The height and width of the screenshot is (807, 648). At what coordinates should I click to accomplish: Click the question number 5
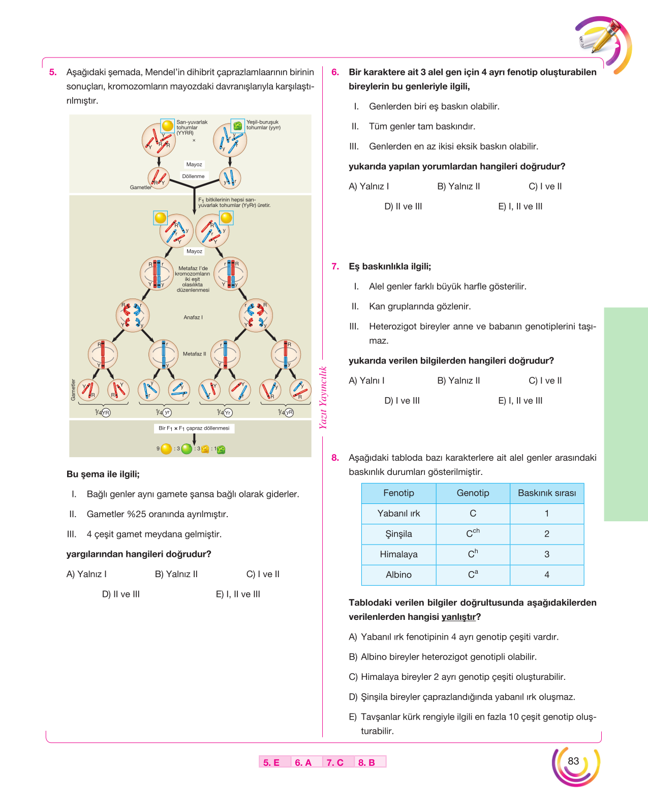click(x=53, y=72)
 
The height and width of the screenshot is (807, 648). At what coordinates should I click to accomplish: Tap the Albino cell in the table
click(x=398, y=575)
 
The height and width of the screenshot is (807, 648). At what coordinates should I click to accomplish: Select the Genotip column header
click(x=473, y=493)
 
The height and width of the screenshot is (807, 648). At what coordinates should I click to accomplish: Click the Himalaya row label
click(x=398, y=554)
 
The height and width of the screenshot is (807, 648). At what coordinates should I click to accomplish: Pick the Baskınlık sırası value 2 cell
click(x=546, y=533)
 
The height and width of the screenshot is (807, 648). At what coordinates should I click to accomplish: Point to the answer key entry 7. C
click(x=335, y=762)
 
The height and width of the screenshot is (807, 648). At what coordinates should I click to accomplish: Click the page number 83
click(x=573, y=761)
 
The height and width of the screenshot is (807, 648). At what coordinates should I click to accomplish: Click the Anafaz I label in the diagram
click(x=193, y=317)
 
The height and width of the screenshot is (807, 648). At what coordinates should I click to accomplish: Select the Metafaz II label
click(x=194, y=353)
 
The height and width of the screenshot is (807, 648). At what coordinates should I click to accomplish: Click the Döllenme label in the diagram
click(x=194, y=176)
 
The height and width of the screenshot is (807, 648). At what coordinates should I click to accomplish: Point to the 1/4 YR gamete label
click(x=102, y=412)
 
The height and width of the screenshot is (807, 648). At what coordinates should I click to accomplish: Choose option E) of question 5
click(x=238, y=594)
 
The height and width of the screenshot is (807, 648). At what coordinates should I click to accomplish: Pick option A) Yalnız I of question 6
click(x=369, y=187)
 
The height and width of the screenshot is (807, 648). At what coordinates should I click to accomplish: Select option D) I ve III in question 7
click(x=402, y=401)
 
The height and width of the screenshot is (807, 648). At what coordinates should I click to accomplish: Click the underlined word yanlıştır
click(x=458, y=617)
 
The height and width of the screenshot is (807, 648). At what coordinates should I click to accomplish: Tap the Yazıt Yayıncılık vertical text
click(x=323, y=398)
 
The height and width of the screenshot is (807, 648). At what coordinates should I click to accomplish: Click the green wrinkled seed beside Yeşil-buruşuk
click(x=237, y=126)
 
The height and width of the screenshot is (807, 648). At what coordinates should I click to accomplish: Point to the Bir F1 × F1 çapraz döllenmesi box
click(x=194, y=428)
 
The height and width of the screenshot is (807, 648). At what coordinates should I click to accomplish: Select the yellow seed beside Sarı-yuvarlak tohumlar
click(x=168, y=126)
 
